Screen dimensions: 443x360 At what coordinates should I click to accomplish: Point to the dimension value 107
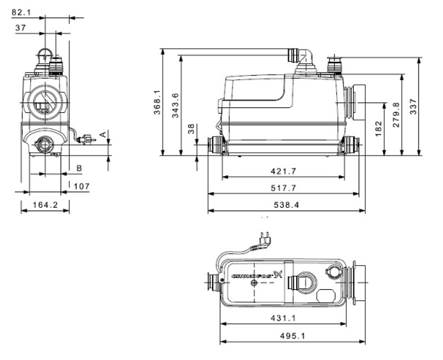tap(81, 187)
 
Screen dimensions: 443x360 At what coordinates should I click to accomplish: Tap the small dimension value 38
tap(192, 129)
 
